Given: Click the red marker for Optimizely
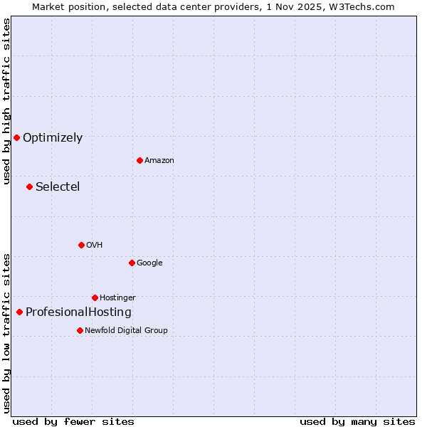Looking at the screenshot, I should [x=16, y=137].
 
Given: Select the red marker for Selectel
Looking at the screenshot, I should [x=29, y=186].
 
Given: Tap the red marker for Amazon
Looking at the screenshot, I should [x=139, y=160].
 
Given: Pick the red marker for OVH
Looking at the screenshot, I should [x=81, y=245].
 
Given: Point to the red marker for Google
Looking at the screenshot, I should [x=132, y=263].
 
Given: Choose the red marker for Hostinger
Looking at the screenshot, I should [x=95, y=297].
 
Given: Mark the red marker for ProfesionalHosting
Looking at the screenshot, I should [x=19, y=312].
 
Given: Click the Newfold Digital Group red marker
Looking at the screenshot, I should [x=80, y=330].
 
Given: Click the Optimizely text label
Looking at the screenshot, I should [x=53, y=138].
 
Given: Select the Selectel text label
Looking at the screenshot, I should [x=58, y=187].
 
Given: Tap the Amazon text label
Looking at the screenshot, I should [x=159, y=161].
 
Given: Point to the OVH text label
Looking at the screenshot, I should [x=95, y=246].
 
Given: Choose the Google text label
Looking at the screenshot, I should [x=149, y=263].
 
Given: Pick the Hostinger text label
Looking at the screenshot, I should [x=117, y=298].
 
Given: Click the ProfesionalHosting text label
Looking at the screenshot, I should [x=78, y=312].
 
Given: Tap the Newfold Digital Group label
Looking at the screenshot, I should [x=126, y=331].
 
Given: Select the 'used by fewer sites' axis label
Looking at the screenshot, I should [x=73, y=421].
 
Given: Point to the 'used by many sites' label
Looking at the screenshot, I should [x=357, y=421].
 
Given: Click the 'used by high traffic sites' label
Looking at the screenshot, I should [x=6, y=101].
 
